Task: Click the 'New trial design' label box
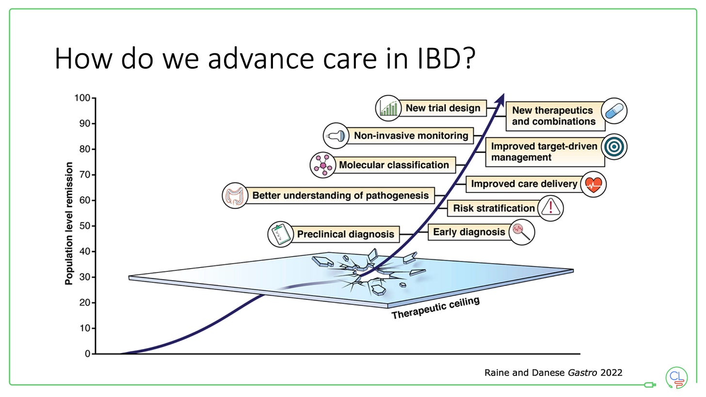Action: (443, 108)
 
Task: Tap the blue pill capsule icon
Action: (614, 111)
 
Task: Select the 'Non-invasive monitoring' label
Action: (411, 136)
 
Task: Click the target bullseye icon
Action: (614, 147)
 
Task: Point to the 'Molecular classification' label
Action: (394, 165)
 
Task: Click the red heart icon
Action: (593, 184)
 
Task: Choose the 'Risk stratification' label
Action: (493, 208)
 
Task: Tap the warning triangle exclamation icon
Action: (550, 208)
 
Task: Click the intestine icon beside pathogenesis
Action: (235, 196)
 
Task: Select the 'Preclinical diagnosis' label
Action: (345, 235)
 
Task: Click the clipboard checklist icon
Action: (281, 235)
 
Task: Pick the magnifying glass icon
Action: (521, 232)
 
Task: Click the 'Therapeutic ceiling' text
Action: (435, 308)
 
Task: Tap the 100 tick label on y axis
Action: (82, 98)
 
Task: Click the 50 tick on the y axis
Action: (84, 226)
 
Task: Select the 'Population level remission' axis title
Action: (69, 223)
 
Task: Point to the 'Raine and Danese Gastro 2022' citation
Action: (553, 372)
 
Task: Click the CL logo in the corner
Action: (676, 377)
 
